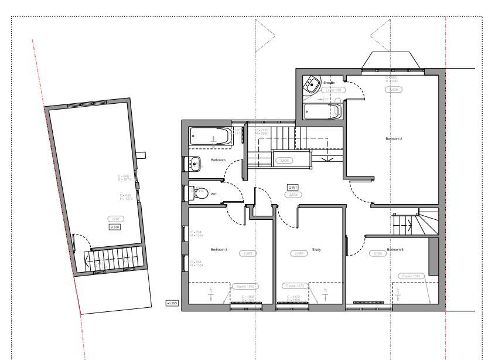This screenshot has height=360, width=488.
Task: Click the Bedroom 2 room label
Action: click(394, 139)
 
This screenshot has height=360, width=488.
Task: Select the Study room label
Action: click(317, 250)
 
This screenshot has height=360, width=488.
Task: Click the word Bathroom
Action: click(219, 159)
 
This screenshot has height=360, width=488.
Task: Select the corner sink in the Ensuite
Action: click(311, 86)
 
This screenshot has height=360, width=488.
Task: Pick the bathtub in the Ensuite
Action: click(322, 111)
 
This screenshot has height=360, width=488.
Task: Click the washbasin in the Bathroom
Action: click(196, 164)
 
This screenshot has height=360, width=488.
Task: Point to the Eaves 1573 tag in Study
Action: click(296, 286)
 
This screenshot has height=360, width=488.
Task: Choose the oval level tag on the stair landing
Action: click(285, 160)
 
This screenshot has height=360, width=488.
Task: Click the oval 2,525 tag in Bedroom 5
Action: click(379, 253)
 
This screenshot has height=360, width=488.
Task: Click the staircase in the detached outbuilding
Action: click(114, 259)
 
